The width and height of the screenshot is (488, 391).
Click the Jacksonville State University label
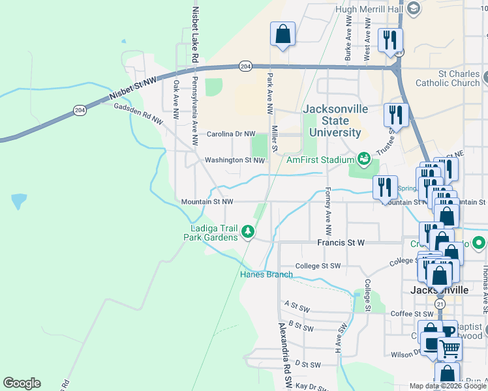coord(331,121)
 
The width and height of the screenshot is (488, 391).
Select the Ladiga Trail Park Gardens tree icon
coord(247,230)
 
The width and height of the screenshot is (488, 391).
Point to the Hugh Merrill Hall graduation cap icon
coord(412,8)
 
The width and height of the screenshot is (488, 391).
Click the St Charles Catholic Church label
coord(450,78)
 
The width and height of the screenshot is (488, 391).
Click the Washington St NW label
coord(234,160)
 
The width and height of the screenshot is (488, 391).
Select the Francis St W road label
coord(339,242)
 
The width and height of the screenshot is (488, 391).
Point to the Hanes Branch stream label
coord(266,274)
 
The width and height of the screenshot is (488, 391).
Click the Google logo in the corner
coord(22,383)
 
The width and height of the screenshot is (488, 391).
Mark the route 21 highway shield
coord(440,304)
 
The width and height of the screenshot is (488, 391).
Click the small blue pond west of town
coord(19,200)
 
